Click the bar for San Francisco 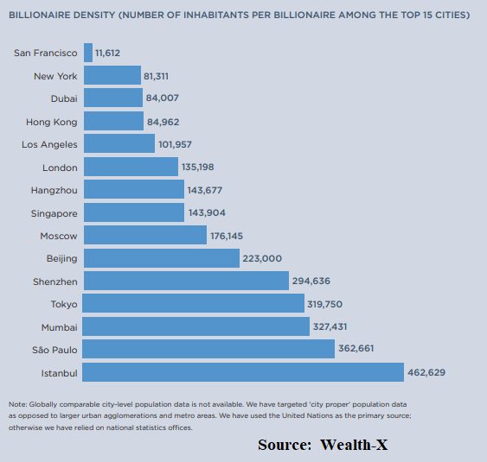[x=88, y=53]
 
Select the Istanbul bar [x=243, y=372]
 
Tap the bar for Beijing [x=161, y=258]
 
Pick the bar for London [x=131, y=167]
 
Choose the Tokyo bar [x=194, y=304]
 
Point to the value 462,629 [x=427, y=373]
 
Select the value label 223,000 [x=262, y=258]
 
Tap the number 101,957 [x=177, y=144]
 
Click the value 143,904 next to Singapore [x=208, y=212]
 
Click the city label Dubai [x=64, y=98]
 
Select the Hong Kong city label [x=53, y=122]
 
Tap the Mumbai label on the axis [x=59, y=327]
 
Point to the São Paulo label [x=54, y=350]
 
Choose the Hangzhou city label [x=54, y=190]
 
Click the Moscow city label [x=58, y=236]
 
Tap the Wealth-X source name [x=359, y=445]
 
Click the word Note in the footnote [x=17, y=404]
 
